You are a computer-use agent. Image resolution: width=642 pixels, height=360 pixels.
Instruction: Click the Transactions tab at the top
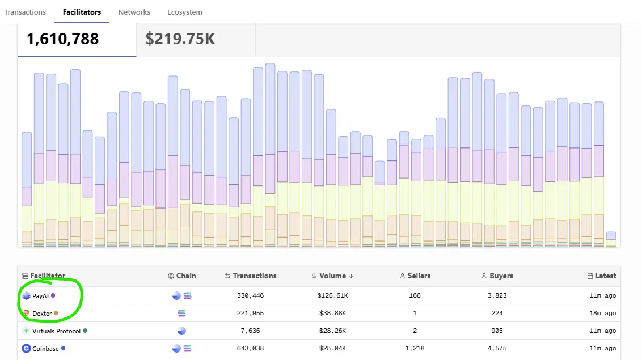[x=25, y=12]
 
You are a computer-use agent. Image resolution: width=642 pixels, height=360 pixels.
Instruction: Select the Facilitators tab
[x=82, y=12]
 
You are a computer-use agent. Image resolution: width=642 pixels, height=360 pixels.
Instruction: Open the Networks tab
[x=134, y=12]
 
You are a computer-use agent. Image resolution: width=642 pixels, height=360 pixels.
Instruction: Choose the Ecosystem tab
[x=184, y=12]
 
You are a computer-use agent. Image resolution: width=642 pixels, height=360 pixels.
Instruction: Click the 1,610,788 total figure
[x=62, y=39]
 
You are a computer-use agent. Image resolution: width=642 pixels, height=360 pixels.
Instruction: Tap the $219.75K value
[x=180, y=39]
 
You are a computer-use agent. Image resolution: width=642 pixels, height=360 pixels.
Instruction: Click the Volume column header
[x=332, y=276]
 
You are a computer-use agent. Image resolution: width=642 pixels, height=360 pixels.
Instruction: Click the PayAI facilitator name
[x=40, y=296]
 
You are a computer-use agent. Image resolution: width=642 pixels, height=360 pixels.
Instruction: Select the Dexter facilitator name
[x=42, y=314]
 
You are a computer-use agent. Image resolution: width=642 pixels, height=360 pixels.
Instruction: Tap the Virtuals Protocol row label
[x=56, y=331]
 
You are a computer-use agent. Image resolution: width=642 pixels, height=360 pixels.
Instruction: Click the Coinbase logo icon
[x=26, y=349]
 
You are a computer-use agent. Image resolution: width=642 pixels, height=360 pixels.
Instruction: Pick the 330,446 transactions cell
[x=250, y=296]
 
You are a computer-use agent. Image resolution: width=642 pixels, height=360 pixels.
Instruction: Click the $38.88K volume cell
[x=332, y=314]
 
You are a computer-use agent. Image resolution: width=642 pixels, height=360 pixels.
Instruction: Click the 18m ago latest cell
[x=603, y=314]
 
